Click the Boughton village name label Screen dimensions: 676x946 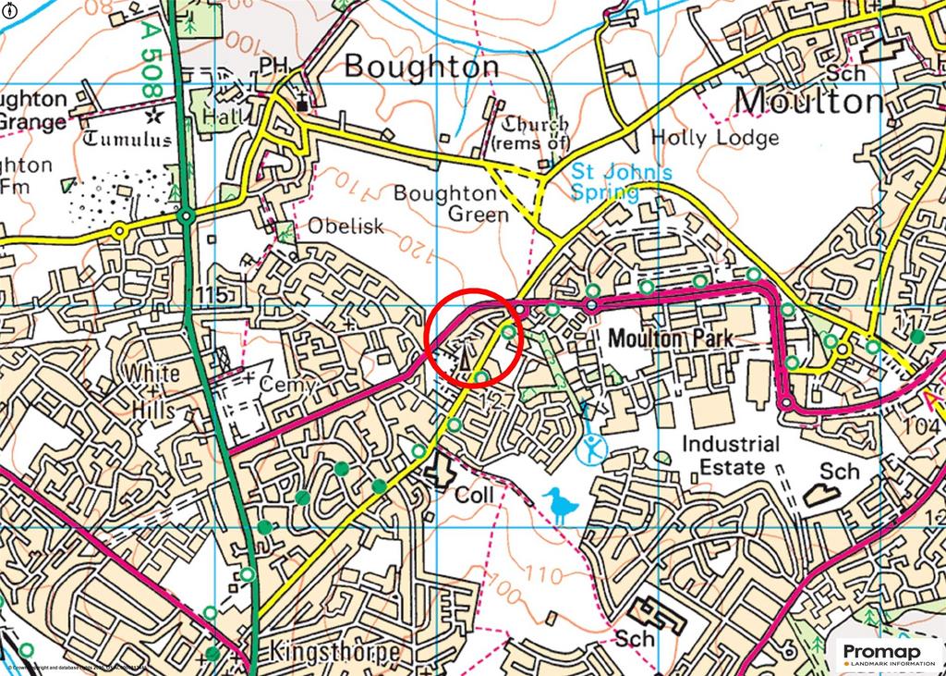click(421, 68)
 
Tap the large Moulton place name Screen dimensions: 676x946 click(809, 100)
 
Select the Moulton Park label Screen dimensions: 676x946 click(671, 339)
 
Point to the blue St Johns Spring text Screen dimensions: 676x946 click(605, 182)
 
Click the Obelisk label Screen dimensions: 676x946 click(346, 227)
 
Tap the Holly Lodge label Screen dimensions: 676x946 click(715, 138)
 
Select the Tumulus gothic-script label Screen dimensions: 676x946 click(128, 140)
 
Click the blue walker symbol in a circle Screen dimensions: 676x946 click(592, 450)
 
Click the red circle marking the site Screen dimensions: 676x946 click(476, 337)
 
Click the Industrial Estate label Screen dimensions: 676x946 click(731, 455)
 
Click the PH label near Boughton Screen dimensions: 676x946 click(273, 66)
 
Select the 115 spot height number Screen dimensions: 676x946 click(212, 295)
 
